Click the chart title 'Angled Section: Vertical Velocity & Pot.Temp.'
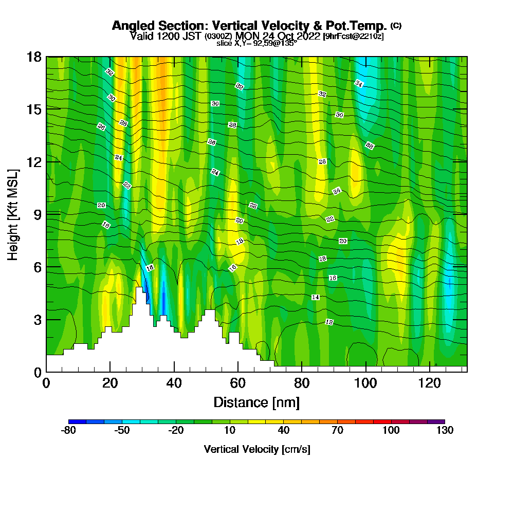[249, 26]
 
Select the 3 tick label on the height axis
[38, 320]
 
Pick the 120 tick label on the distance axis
[429, 383]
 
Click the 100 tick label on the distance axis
[365, 383]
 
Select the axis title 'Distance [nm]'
[256, 402]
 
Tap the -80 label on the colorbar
[68, 431]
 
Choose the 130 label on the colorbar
[445, 431]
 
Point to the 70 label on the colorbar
[337, 431]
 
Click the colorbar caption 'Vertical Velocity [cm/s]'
[256, 450]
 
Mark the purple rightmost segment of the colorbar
[436, 421]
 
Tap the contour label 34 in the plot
[359, 83]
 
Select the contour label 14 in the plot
[316, 298]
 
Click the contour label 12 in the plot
[329, 322]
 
